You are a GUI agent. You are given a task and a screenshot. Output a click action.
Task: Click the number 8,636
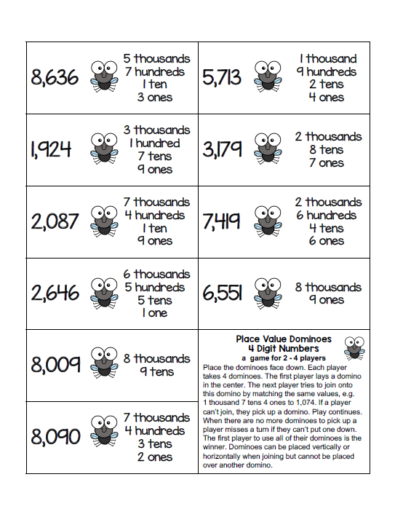point(55,77)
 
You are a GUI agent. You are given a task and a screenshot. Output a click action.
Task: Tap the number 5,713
point(222,77)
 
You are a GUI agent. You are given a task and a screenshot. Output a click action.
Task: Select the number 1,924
point(52,149)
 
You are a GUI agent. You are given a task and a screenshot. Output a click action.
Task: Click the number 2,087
point(55,221)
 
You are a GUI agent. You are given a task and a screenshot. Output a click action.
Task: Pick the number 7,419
point(222,221)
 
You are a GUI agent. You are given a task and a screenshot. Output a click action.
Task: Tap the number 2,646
point(55,293)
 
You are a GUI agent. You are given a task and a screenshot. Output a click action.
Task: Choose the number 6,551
point(222,293)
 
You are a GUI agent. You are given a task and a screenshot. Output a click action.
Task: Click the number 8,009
point(55,364)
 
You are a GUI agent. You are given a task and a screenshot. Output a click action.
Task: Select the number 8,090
point(55,437)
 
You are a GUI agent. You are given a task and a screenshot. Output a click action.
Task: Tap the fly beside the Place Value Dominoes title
point(354,348)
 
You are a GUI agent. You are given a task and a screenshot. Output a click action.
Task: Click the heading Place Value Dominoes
point(284,339)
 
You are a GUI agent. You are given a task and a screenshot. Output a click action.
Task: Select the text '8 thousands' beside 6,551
point(328,287)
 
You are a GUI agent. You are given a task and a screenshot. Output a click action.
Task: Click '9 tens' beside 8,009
point(156,371)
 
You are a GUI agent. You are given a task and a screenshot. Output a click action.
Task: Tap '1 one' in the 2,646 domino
point(155,313)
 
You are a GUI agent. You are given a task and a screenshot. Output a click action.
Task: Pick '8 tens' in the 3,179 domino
point(328,150)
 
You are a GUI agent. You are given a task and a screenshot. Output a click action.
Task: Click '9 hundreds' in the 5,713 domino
point(327,71)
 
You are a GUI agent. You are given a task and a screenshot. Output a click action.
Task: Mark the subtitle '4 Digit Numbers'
point(284,348)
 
